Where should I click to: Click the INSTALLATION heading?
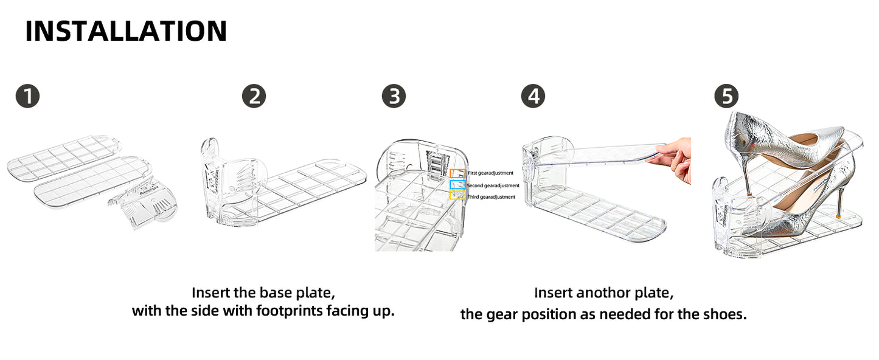[x=126, y=31]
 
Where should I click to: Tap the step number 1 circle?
[x=27, y=96]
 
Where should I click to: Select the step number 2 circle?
[x=254, y=96]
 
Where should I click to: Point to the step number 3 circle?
[x=394, y=96]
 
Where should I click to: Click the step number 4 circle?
[x=533, y=96]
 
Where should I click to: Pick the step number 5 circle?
[x=726, y=96]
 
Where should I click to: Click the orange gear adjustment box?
[x=457, y=173]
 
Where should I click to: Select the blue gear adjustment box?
[x=457, y=185]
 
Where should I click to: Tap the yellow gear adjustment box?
[x=457, y=196]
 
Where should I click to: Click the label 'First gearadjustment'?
[x=490, y=173]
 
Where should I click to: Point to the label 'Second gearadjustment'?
[x=493, y=185]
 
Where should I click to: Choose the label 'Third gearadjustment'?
[x=491, y=197]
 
